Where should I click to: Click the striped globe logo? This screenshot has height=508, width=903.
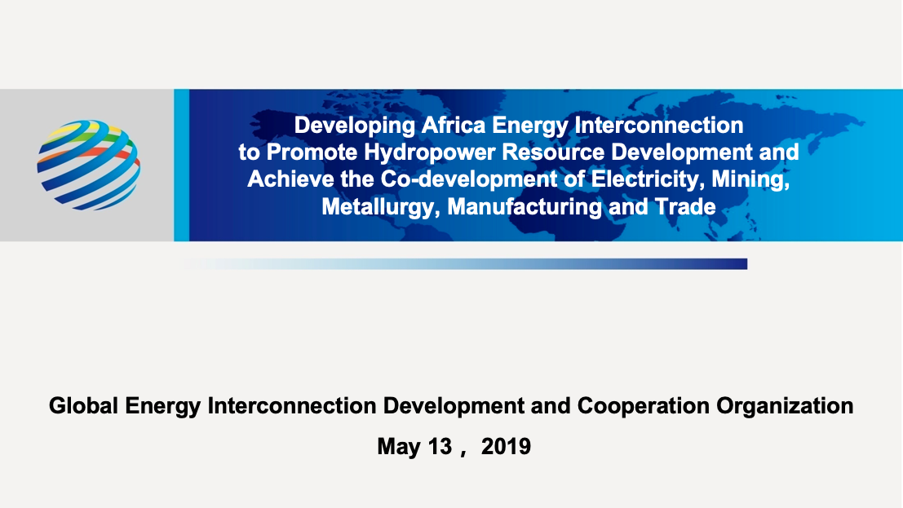pos(88,165)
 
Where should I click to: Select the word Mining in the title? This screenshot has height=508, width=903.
pos(750,179)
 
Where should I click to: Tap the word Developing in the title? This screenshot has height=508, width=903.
pos(354,126)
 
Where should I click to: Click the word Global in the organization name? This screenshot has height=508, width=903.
pos(83,405)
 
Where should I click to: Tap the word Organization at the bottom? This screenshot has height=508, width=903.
pos(785,406)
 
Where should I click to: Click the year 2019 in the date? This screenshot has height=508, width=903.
pos(506,446)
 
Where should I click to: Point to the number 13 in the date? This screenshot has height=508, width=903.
pos(440,446)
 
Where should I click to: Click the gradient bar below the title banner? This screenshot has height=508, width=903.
pos(466,264)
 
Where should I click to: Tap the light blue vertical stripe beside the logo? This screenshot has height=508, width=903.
pos(181,165)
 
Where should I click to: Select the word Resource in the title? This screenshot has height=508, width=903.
pos(553,152)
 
